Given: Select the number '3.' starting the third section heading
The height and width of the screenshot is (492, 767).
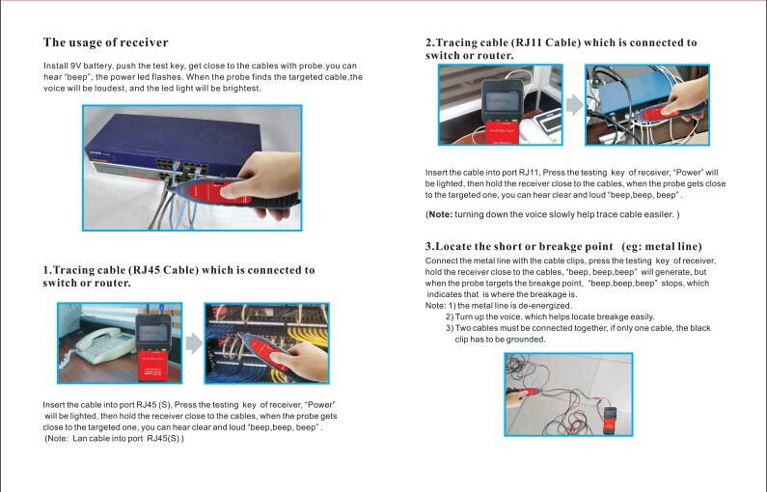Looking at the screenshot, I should [430, 247].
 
